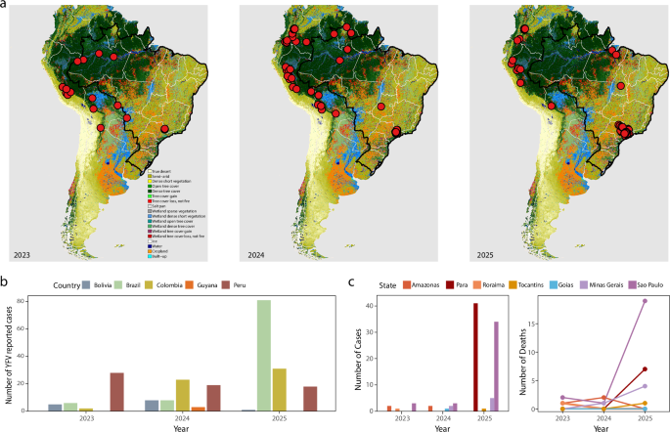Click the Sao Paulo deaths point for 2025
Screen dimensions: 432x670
point(646,301)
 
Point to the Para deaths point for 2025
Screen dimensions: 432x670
point(646,369)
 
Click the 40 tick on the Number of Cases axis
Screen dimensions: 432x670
point(375,305)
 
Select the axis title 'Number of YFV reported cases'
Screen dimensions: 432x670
point(24,354)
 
